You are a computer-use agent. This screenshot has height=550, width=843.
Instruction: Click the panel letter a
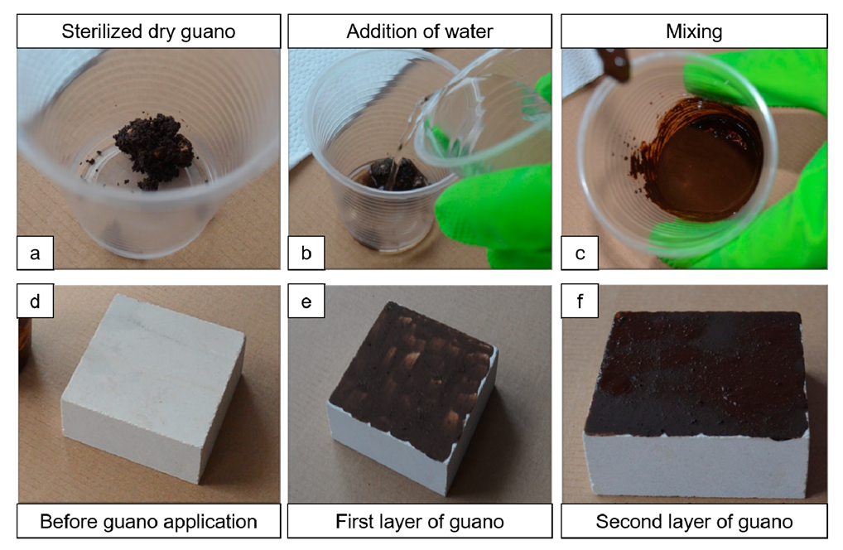click(35, 253)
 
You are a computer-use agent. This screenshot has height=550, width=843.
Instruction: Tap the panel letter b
click(306, 253)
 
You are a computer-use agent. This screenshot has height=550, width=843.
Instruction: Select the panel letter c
click(580, 253)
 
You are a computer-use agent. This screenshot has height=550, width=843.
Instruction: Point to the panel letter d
click(35, 302)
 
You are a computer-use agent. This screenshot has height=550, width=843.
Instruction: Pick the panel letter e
click(306, 302)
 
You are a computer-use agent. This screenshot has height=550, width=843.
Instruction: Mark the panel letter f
click(580, 302)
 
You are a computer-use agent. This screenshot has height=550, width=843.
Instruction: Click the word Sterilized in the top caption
click(98, 32)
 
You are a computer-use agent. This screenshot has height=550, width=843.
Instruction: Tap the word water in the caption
click(467, 32)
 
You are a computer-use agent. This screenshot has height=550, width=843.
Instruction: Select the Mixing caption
click(694, 32)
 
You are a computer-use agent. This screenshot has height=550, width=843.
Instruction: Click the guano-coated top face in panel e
click(406, 364)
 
